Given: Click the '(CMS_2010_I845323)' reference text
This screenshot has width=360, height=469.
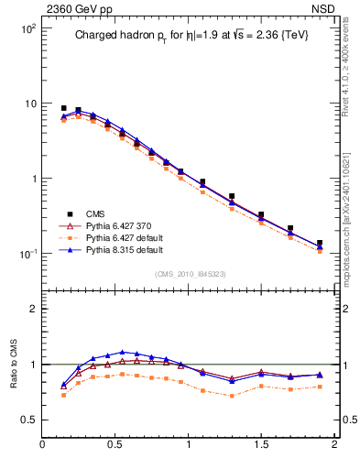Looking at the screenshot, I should point(188,274).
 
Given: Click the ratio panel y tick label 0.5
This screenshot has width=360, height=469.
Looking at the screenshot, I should point(28,420).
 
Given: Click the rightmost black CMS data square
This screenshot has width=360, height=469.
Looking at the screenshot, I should point(319,244).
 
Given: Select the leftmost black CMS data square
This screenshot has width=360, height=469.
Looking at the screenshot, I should point(63,108).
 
